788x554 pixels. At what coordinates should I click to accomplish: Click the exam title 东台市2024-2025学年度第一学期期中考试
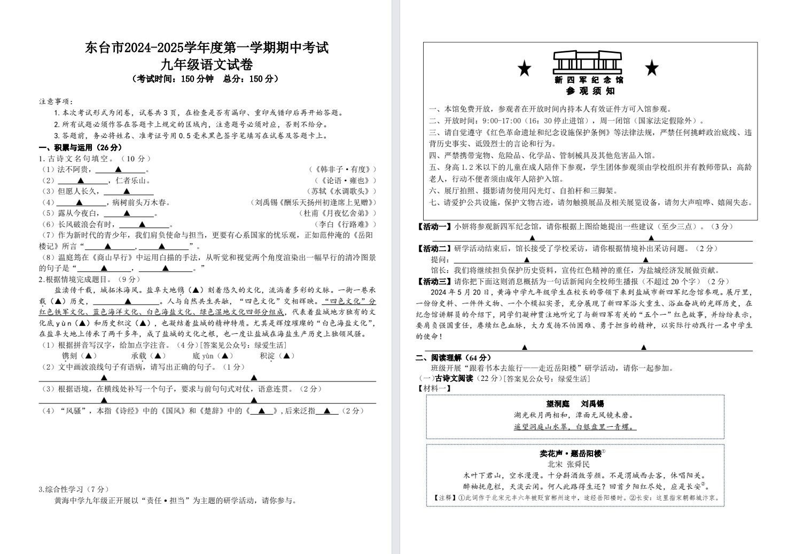click(207, 48)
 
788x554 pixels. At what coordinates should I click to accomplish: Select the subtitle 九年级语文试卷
click(207, 65)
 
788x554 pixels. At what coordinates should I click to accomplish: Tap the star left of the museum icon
click(525, 68)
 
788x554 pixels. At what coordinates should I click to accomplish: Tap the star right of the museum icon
click(652, 68)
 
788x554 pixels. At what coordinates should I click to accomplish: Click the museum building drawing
click(588, 63)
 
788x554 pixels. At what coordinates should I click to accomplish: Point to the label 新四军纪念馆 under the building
click(588, 80)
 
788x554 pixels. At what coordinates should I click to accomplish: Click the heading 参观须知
click(588, 91)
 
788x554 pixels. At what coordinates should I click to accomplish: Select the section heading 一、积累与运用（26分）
click(80, 147)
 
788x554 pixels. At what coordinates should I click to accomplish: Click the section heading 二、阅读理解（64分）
click(454, 357)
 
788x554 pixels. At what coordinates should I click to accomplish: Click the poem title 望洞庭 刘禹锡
click(575, 404)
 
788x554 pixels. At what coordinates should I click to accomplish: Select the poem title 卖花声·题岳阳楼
click(571, 454)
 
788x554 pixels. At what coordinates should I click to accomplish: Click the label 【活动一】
click(434, 227)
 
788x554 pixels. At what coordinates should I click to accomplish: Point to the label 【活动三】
click(434, 282)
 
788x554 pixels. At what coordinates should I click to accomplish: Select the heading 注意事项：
click(56, 102)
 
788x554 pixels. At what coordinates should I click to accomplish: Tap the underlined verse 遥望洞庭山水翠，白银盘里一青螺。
click(575, 427)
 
